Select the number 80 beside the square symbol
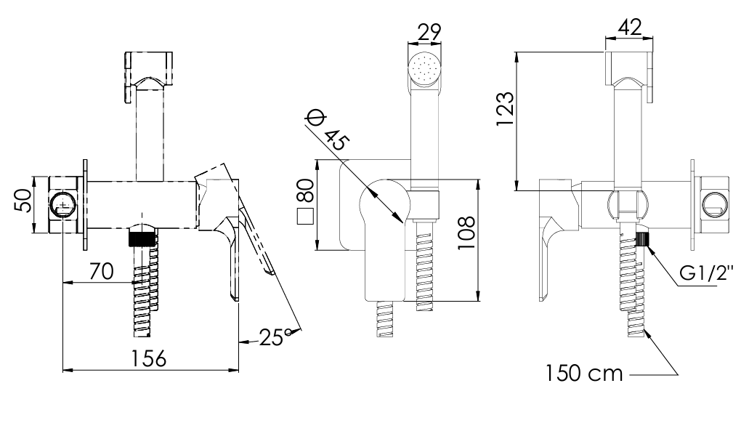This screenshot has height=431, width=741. coord(306,190)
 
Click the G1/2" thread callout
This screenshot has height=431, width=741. coord(707,273)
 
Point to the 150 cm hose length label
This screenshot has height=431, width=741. coord(585,374)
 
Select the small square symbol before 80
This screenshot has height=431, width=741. coord(306,216)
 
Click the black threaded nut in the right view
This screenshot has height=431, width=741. coord(642,238)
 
